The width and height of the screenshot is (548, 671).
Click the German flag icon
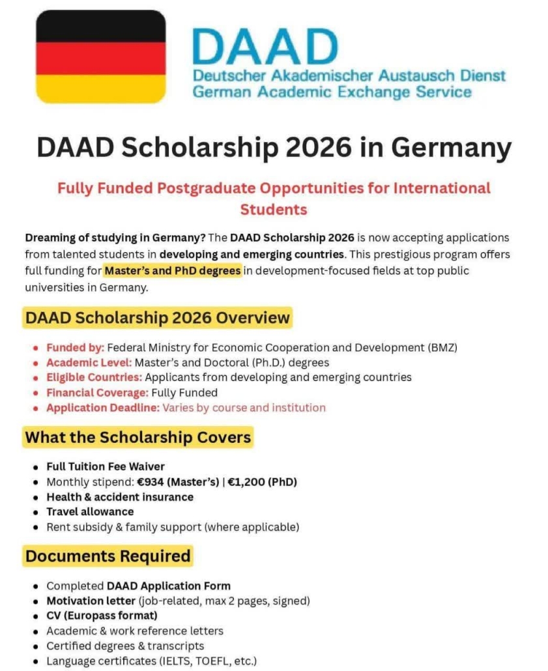(x=100, y=57)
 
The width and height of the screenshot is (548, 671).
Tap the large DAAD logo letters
(x=265, y=46)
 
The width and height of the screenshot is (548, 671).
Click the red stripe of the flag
(x=100, y=57)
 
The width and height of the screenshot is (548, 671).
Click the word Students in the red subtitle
(x=273, y=210)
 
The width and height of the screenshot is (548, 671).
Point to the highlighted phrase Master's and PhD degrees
(x=173, y=270)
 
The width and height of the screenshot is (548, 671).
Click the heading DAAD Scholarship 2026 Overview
(x=157, y=318)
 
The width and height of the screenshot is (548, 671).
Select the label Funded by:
(x=76, y=347)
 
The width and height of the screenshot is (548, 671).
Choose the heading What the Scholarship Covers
(x=138, y=436)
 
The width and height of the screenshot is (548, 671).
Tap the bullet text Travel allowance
(x=90, y=511)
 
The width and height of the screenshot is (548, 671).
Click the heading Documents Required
(x=108, y=556)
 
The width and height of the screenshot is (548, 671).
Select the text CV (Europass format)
(x=102, y=615)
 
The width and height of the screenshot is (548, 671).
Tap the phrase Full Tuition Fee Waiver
(x=106, y=466)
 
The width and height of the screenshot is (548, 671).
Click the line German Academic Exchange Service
(x=332, y=92)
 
